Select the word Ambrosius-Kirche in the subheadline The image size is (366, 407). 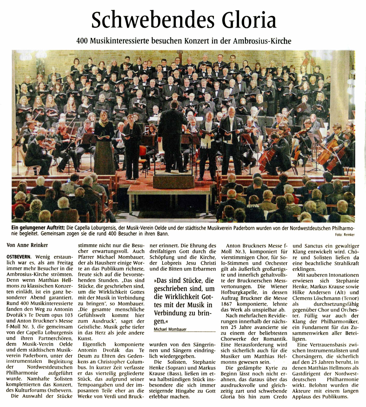[x=264, y=41]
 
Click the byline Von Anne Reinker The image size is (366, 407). [x=27, y=245]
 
